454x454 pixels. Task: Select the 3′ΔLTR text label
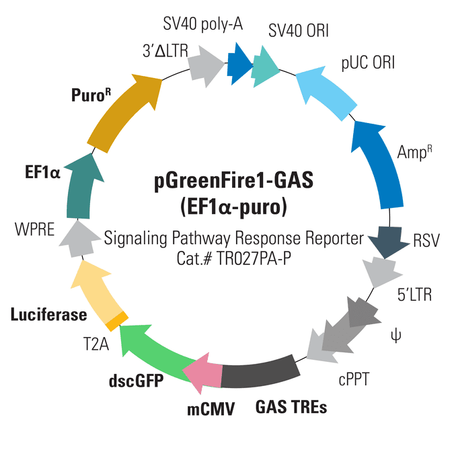click(x=160, y=48)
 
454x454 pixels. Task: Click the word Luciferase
click(x=48, y=314)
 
